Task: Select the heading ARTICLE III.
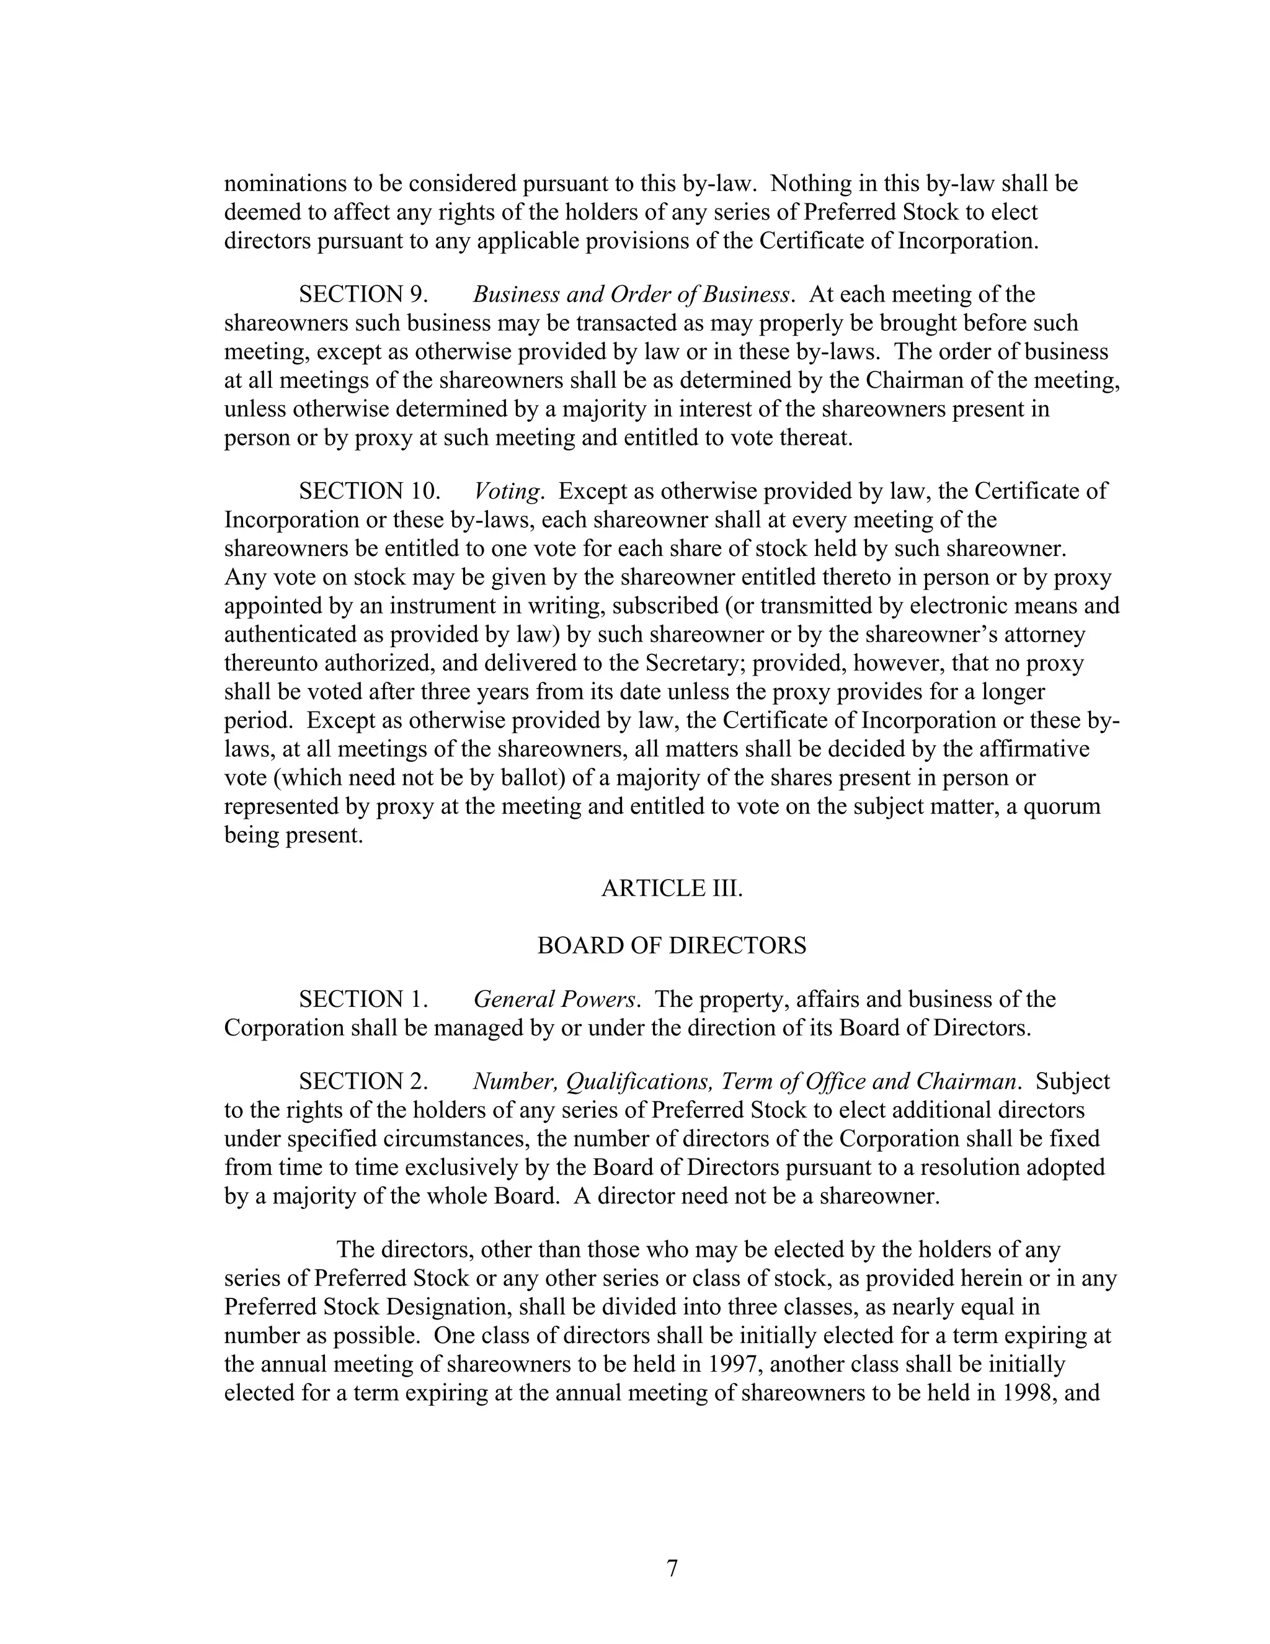pyautogui.click(x=672, y=888)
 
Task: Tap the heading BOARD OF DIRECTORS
pyautogui.click(x=672, y=945)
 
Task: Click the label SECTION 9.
pyautogui.click(x=363, y=294)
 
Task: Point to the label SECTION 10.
pyautogui.click(x=370, y=491)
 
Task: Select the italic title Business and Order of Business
pyautogui.click(x=631, y=294)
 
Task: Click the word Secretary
pyautogui.click(x=695, y=664)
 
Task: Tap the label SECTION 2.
pyautogui.click(x=363, y=1082)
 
